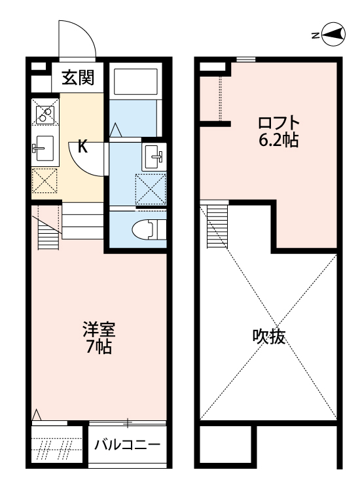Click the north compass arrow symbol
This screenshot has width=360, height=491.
[333, 35]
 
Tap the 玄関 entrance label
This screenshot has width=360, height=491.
[78, 79]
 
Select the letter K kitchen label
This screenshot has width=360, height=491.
[82, 146]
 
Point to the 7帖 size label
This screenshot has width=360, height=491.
[99, 346]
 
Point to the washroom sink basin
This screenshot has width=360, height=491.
[155, 155]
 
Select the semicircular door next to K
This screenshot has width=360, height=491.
[87, 158]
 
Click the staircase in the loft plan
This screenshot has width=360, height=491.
[217, 226]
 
